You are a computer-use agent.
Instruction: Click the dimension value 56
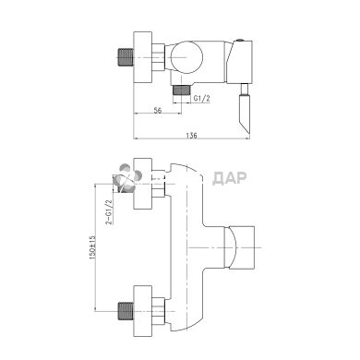point(157,111)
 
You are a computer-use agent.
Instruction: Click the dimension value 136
point(191,136)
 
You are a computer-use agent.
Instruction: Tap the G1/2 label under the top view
point(202,99)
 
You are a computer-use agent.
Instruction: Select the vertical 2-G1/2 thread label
point(109,212)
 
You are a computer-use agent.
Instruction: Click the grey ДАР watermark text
point(230,178)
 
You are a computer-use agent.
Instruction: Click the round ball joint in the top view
point(186,57)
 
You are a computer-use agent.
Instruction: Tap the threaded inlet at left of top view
point(126,57)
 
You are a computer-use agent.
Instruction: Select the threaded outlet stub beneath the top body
point(182,90)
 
